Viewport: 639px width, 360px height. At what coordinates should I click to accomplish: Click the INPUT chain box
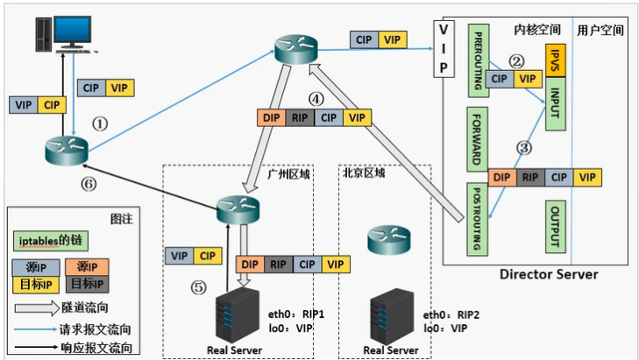point(556,105)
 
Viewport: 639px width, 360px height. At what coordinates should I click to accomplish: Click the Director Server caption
point(549,274)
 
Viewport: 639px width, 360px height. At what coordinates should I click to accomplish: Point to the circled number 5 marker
point(201,286)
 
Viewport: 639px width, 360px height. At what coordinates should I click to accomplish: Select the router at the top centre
point(294,50)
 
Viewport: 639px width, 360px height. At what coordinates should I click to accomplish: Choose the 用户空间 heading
point(600,30)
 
